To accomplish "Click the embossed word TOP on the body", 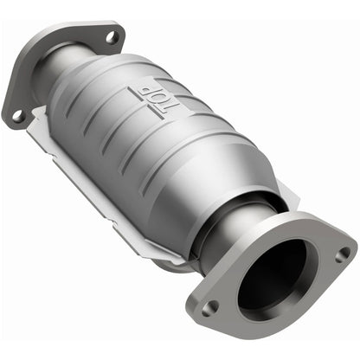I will tap(155, 100).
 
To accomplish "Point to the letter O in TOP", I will tap(157, 100).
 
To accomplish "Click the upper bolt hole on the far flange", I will tap(110, 37).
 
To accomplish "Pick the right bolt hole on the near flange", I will tap(344, 254).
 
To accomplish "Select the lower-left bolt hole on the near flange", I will tap(208, 306).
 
